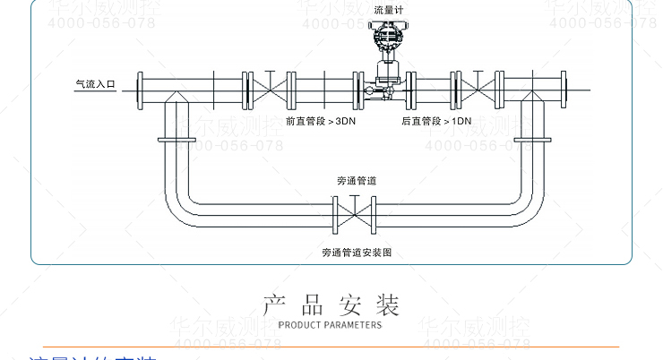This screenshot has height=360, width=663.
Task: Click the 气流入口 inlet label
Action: tap(95, 86)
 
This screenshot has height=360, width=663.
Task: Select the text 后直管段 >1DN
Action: tap(437, 120)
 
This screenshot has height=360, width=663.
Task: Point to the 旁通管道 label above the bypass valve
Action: tap(356, 180)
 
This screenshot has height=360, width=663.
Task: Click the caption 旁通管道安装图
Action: tap(356, 253)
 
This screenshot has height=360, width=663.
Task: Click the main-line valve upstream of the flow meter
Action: tap(267, 87)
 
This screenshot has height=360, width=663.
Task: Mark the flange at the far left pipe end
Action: tap(141, 87)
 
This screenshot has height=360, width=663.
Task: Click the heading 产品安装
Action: tap(331, 304)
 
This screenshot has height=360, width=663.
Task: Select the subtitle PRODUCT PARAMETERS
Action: tap(331, 325)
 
